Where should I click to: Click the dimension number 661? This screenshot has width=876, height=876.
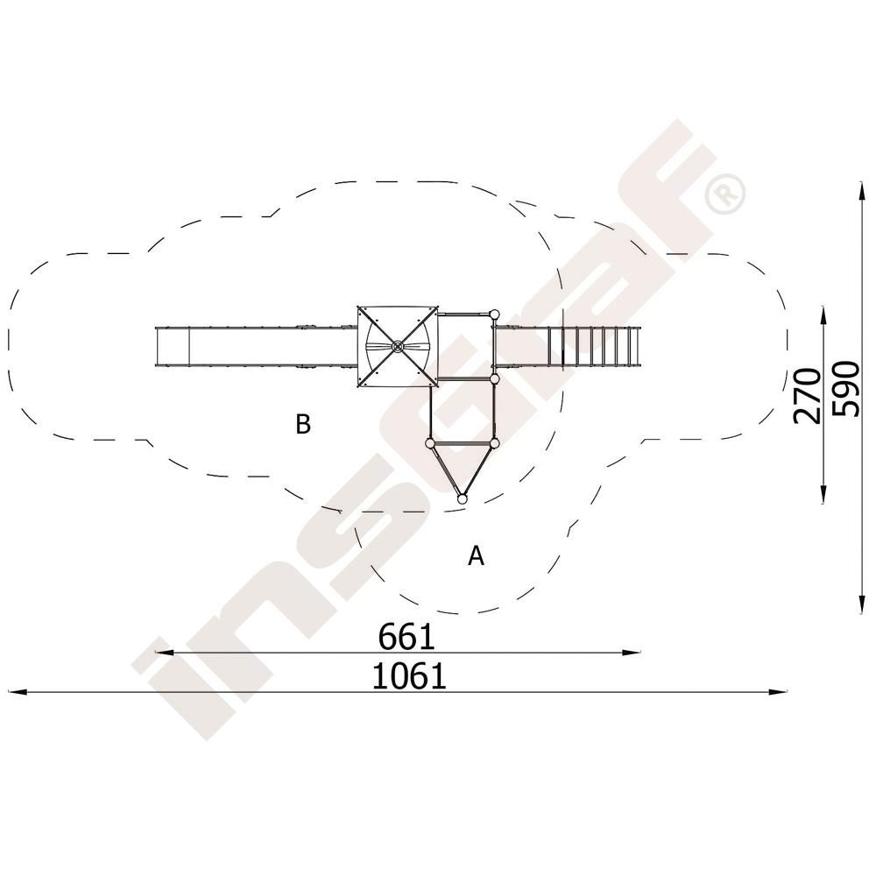406,637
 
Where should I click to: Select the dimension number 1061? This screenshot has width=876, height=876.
409,676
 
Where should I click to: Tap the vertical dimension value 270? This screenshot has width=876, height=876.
808,396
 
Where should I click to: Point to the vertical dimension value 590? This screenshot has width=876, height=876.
845,390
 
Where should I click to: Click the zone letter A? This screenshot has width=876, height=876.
476,556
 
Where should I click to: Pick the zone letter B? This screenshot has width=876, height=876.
303,425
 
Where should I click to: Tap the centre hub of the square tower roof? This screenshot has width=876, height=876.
397,347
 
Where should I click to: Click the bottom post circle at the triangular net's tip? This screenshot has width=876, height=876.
462,499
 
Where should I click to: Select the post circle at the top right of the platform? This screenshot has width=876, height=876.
493,314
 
